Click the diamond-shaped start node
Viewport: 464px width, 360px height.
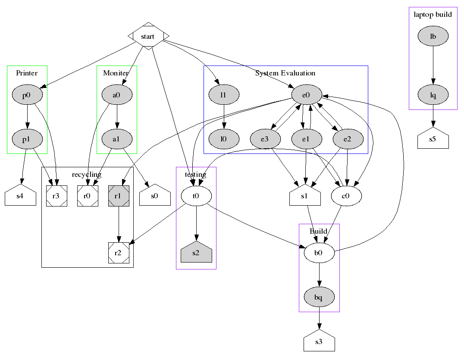coord(148,36)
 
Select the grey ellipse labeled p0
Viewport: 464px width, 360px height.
coord(27,95)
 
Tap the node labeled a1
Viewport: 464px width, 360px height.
coord(116,139)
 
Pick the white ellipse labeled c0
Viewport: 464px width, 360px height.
coord(346,196)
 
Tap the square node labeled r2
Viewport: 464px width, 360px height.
coord(119,253)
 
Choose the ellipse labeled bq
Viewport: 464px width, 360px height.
coord(319,297)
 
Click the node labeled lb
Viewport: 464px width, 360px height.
coord(433,37)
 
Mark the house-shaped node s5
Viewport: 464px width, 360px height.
coord(433,139)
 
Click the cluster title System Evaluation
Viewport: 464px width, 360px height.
coord(285,73)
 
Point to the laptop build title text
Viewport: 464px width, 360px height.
coord(433,15)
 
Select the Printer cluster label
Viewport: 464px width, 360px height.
coord(27,73)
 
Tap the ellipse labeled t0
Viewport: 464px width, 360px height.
coord(196,196)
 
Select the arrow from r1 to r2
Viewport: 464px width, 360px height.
coord(119,224)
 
